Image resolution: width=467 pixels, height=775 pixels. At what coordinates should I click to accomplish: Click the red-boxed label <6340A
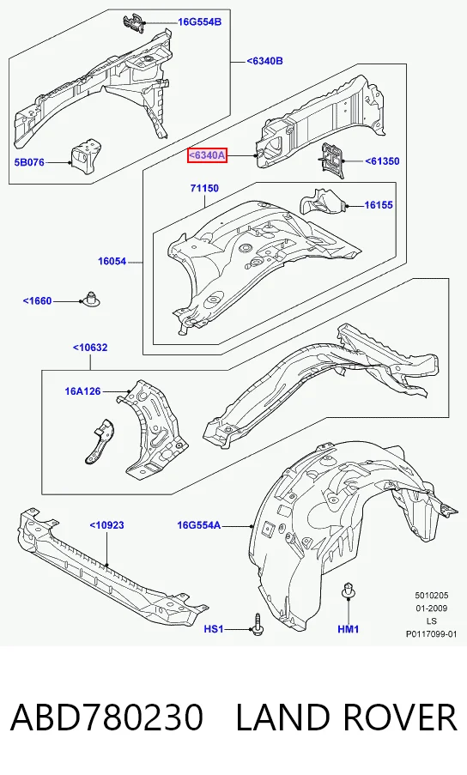207,155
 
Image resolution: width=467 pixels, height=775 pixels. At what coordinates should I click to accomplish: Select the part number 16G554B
200,21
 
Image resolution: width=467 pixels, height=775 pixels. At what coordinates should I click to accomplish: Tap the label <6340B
265,61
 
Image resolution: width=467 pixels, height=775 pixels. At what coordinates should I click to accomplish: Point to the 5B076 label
29,162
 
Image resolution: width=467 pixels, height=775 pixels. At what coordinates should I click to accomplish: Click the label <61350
382,161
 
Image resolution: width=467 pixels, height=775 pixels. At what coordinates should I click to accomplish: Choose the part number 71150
204,188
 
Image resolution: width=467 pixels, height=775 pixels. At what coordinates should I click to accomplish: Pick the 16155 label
379,204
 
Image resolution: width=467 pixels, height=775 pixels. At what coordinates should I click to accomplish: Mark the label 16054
112,262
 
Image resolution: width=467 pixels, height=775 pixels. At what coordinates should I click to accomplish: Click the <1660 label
37,301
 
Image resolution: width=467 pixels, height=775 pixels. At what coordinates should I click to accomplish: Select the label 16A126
82,391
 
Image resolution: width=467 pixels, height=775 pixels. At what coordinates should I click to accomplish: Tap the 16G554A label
199,525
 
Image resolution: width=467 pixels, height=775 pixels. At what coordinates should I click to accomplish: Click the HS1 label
214,629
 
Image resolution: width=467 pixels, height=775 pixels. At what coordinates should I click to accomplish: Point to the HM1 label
349,629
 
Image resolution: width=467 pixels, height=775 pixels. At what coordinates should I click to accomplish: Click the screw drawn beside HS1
258,624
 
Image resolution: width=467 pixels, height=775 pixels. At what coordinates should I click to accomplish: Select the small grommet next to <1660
90,299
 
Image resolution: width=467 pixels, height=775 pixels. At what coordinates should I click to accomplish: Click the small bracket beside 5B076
87,154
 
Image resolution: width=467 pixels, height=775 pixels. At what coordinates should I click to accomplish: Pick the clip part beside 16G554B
133,22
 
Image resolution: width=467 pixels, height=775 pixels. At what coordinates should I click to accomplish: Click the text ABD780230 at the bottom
106,717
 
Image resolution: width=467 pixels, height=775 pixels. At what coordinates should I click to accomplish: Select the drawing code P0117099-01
432,634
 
